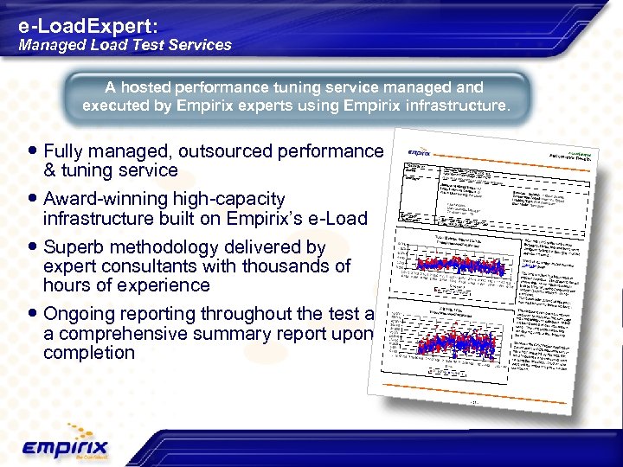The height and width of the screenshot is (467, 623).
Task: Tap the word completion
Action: pyautogui.click(x=88, y=353)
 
